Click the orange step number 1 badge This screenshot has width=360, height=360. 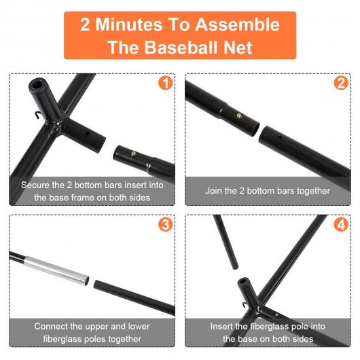tap(166, 83)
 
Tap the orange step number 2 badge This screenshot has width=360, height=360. tap(341, 83)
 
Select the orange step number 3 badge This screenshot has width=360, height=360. tap(166, 224)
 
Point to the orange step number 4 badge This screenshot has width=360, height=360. tap(341, 224)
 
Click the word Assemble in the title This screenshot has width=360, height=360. tap(238, 24)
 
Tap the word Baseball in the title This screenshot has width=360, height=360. tap(181, 48)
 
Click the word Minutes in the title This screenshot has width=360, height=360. tap(129, 24)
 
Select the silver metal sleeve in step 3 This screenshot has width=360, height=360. tap(56, 271)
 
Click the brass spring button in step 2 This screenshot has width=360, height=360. tap(239, 115)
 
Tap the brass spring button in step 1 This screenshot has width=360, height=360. tap(133, 154)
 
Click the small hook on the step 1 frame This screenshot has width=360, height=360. tap(38, 115)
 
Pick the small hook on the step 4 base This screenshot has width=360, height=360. tap(245, 305)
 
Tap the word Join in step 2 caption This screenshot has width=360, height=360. tap(213, 191)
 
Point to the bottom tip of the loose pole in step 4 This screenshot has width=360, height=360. tap(235, 268)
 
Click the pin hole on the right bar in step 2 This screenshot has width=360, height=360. tap(279, 138)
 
